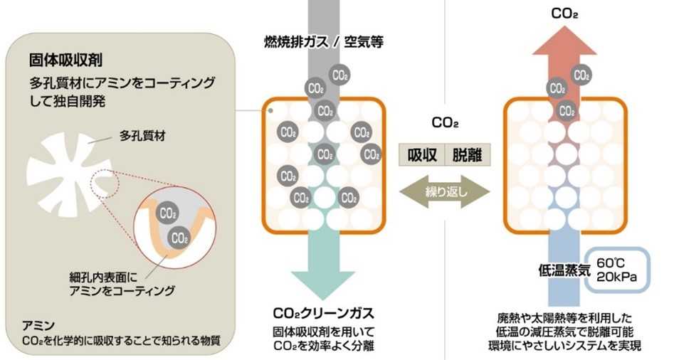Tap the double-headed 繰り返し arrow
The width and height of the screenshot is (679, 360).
[x=444, y=193]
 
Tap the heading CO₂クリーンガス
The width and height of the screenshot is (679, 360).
[x=323, y=313]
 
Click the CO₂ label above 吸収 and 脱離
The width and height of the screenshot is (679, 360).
[x=444, y=123]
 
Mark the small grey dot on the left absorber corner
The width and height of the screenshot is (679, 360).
[x=270, y=110]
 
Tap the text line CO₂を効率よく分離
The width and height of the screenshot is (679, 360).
[x=323, y=346]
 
